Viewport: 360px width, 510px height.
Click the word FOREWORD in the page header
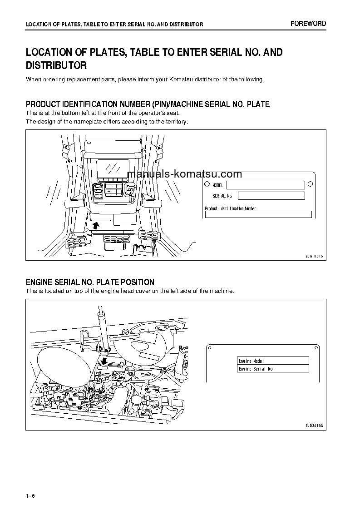pyautogui.click(x=308, y=24)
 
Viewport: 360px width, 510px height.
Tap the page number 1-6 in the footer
pyautogui.click(x=30, y=495)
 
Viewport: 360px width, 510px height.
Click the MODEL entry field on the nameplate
pyautogui.click(x=266, y=185)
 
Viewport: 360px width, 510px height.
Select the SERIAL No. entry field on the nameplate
pyautogui.click(x=271, y=196)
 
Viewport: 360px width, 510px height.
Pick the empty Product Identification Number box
pyautogui.click(x=258, y=214)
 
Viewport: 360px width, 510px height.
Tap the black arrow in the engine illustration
pyautogui.click(x=104, y=361)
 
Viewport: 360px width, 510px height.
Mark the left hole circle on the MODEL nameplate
pyautogui.click(x=207, y=184)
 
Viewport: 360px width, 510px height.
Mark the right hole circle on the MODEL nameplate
pyautogui.click(x=310, y=184)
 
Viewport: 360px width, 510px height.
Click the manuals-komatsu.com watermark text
pyautogui.click(x=184, y=174)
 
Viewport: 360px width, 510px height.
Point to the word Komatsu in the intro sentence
pyautogui.click(x=182, y=79)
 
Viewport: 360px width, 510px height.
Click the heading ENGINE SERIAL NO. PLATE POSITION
pyautogui.click(x=90, y=282)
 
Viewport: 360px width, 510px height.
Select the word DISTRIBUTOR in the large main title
pyautogui.click(x=56, y=65)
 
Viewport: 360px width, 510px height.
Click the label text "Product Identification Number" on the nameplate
pyautogui.click(x=230, y=208)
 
